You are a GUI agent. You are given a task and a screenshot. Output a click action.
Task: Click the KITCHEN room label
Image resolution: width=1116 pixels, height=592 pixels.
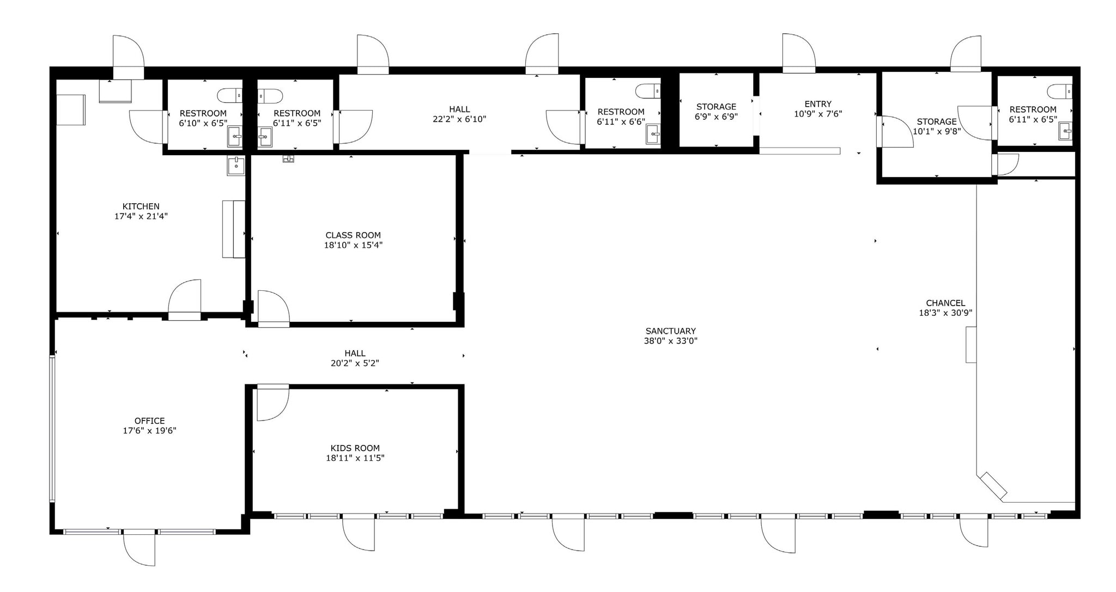coord(141,206)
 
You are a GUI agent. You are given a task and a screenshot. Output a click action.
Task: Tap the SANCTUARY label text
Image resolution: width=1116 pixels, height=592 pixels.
coord(670,331)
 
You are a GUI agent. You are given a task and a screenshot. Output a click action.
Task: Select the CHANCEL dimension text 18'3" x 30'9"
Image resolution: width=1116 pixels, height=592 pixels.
coord(945,313)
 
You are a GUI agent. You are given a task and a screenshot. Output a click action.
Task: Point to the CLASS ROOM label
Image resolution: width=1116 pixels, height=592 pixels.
coord(353,235)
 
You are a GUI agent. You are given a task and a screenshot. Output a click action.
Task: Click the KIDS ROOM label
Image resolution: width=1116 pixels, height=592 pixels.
coord(355,448)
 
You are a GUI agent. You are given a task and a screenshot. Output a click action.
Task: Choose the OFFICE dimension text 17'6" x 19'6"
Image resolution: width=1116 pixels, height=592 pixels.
coord(149,431)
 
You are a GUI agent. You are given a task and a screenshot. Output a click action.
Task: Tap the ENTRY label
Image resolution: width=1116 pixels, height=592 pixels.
coord(818,104)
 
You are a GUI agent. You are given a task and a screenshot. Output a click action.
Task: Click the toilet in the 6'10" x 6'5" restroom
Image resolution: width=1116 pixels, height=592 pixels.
coord(229,96)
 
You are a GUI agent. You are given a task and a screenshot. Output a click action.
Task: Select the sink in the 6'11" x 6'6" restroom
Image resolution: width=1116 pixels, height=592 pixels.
coord(653,133)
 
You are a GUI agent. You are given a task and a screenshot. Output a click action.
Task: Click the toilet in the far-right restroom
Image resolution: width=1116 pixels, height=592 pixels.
coord(1059,91)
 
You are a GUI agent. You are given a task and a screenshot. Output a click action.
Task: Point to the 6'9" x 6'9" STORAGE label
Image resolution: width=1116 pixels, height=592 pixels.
coord(716,107)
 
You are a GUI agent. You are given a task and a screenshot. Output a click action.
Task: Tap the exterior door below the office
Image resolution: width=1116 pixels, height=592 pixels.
coord(139,547)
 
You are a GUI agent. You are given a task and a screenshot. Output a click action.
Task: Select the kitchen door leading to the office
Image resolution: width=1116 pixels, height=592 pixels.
coord(185,299)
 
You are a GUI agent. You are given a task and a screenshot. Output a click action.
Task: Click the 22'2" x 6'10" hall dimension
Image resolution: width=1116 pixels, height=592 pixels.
coord(459,119)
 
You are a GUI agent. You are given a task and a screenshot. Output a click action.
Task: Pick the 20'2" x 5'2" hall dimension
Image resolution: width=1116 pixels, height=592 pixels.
coord(355,363)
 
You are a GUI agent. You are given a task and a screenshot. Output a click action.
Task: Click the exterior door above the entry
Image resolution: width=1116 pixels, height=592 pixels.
coord(799,53)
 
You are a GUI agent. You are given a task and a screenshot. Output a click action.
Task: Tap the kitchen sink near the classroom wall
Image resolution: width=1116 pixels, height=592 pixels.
coord(236,166)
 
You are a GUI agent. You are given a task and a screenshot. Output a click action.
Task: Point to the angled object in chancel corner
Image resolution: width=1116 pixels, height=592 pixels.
coord(993,486)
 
